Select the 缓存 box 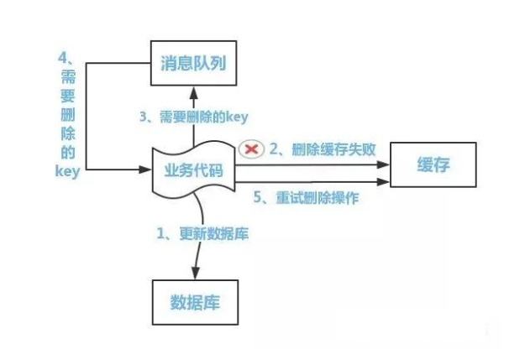pyautogui.click(x=433, y=164)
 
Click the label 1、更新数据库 pyautogui.click(x=202, y=234)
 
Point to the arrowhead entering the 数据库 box pyautogui.click(x=195, y=274)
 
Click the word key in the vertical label pyautogui.click(x=66, y=172)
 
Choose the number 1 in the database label pyautogui.click(x=160, y=234)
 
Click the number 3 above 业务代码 pyautogui.click(x=144, y=116)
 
